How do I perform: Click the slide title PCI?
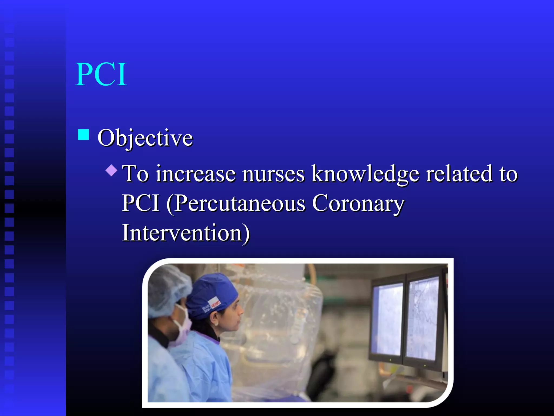pyautogui.click(x=101, y=74)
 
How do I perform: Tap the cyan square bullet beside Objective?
pyautogui.click(x=83, y=135)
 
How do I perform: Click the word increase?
pyautogui.click(x=195, y=174)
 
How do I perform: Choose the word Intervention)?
pyautogui.click(x=186, y=233)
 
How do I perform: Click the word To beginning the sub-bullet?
pyautogui.click(x=135, y=174)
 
